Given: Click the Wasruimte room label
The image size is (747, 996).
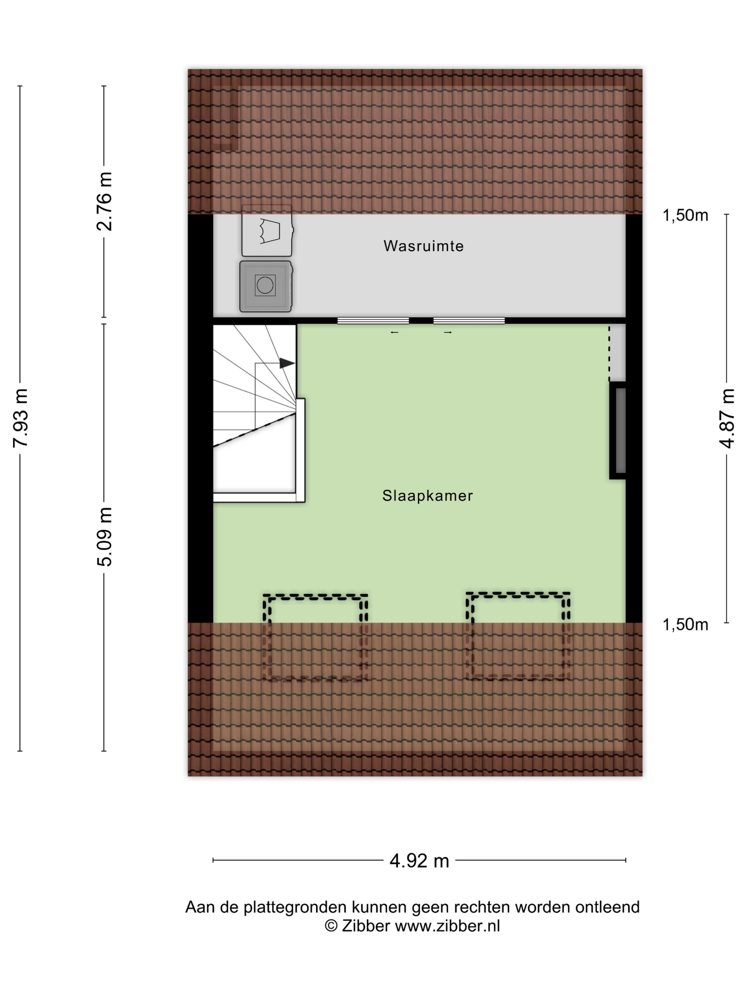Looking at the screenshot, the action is (x=423, y=246).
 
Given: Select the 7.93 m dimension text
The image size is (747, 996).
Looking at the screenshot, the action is (x=21, y=418).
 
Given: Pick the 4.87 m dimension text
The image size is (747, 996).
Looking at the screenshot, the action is (x=726, y=418).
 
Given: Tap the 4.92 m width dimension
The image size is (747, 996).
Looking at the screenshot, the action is (x=419, y=860).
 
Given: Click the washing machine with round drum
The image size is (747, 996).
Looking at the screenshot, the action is (x=266, y=286).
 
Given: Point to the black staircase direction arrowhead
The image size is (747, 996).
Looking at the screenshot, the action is (x=287, y=363).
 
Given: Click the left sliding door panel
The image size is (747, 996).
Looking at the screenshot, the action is (x=373, y=320).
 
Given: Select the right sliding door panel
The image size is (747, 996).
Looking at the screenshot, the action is (x=469, y=320).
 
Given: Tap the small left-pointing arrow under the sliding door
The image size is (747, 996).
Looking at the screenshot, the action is (x=394, y=332).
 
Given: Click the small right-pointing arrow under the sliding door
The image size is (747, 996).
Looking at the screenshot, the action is (x=447, y=332).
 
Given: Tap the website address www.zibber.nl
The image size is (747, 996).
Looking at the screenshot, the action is (x=447, y=926).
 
